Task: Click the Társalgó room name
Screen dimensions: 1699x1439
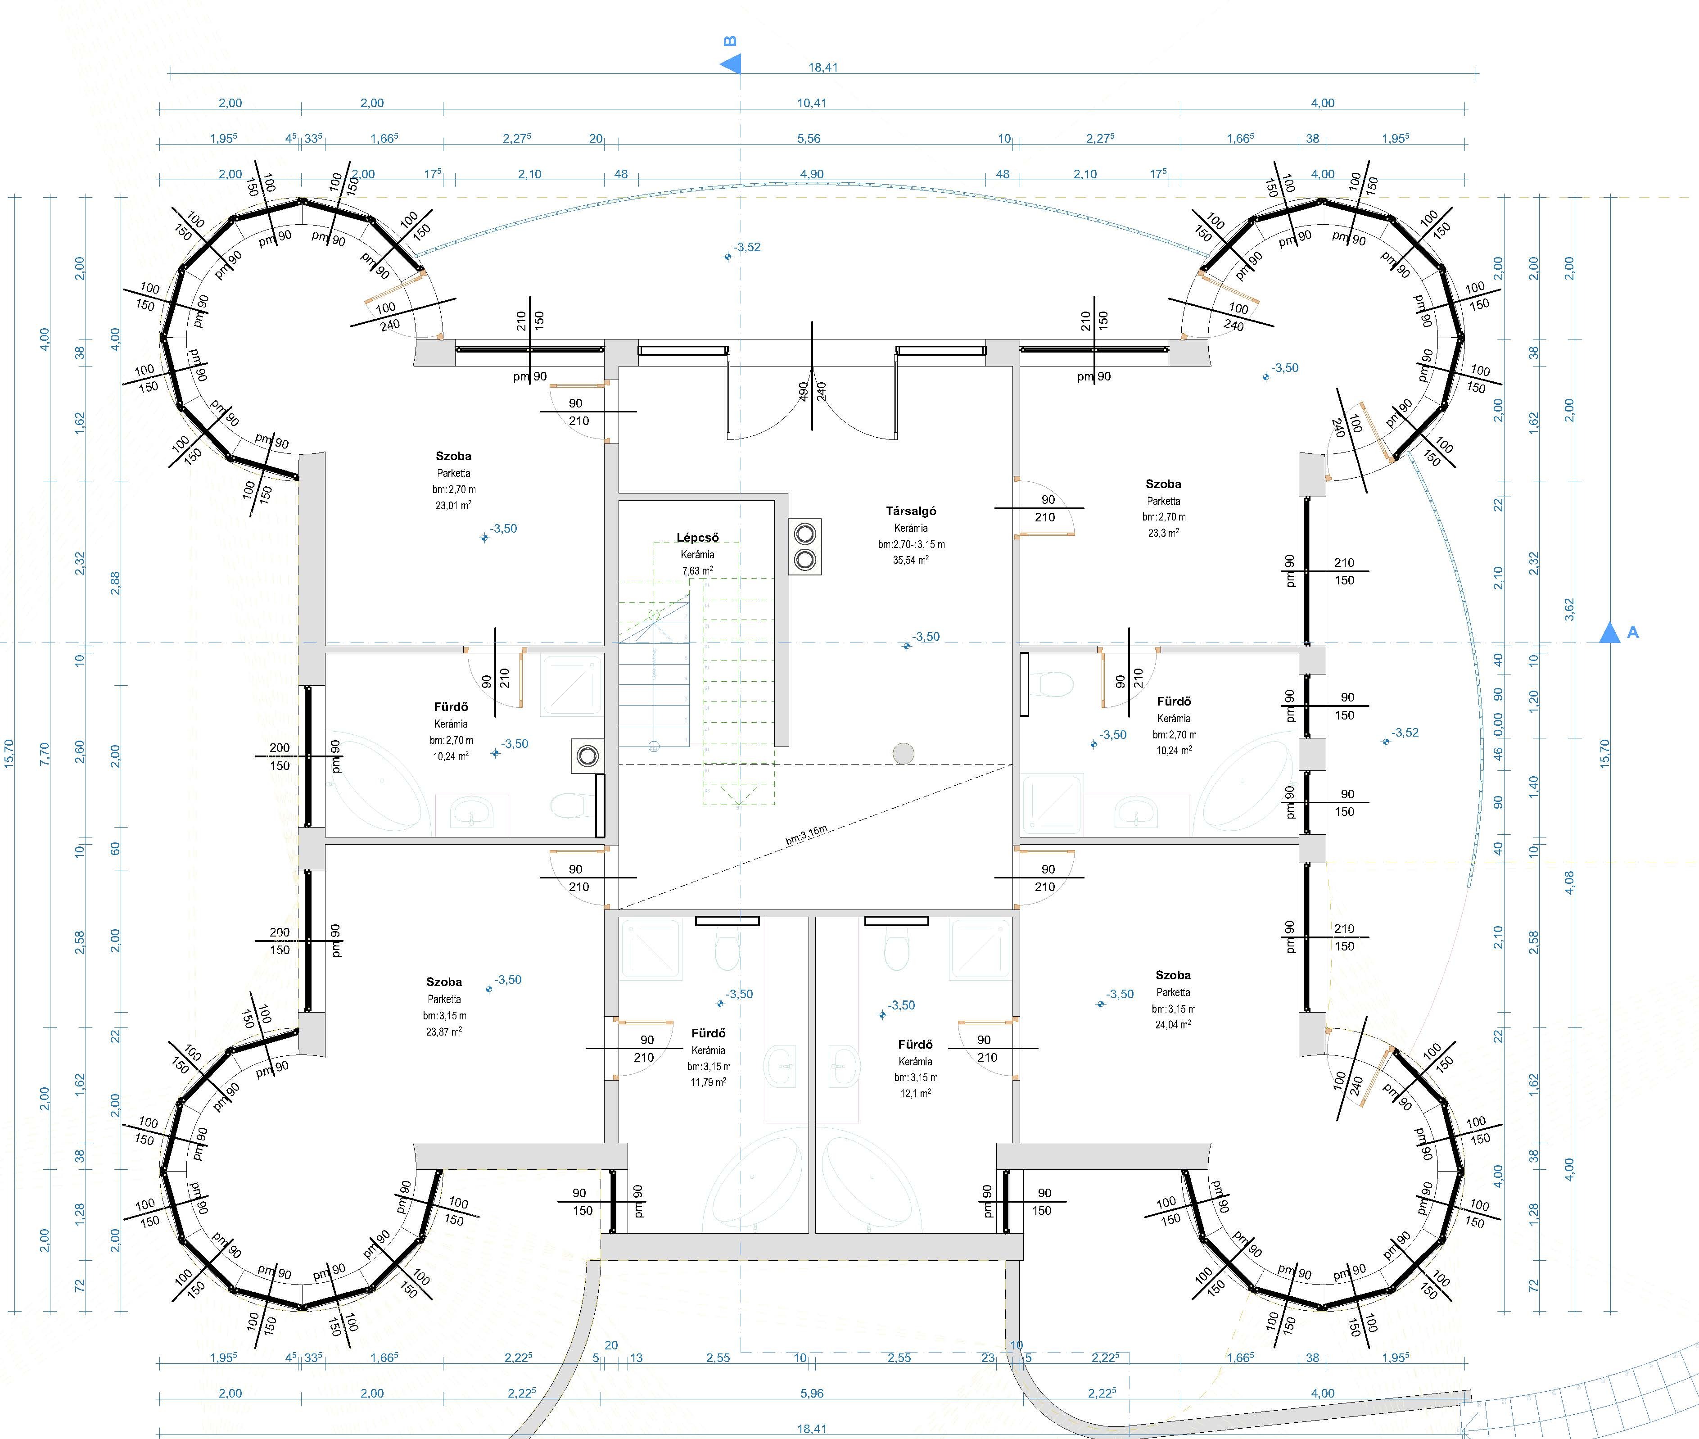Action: coord(911,511)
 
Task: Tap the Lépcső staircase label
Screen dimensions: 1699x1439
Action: coord(697,538)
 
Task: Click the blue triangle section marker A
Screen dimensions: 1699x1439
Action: coord(1609,633)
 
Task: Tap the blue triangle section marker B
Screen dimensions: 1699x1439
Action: coord(731,63)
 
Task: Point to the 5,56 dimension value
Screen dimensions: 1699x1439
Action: coord(809,139)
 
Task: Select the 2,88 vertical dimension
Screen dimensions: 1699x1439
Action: coord(115,583)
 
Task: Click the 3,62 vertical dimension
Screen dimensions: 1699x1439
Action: coord(1569,609)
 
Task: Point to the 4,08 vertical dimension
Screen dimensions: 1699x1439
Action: coord(1569,882)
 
